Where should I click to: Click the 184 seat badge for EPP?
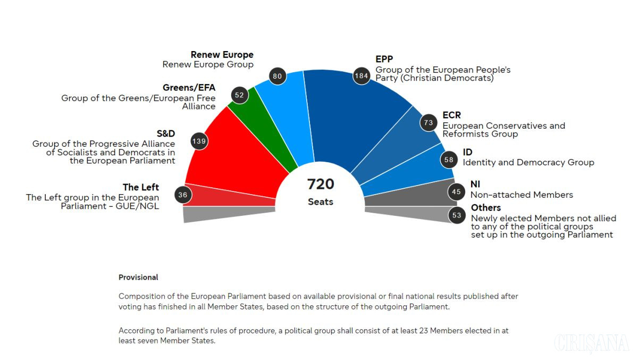(362, 76)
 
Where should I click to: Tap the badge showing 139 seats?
(199, 141)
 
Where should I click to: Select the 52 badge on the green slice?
(240, 95)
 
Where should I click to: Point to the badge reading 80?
(278, 76)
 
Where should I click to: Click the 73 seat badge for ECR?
(429, 123)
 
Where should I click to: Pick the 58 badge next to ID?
(449, 160)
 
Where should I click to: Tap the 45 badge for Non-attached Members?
(456, 191)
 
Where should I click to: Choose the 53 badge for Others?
(457, 215)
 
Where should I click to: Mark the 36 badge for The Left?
(183, 195)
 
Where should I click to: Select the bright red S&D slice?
(237, 154)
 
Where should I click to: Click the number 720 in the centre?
(321, 184)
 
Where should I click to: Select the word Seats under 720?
(321, 202)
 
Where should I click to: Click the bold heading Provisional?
(138, 278)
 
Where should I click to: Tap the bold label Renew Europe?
(222, 54)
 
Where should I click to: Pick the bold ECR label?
(451, 115)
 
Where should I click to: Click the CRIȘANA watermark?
(591, 344)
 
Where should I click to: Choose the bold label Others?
(485, 207)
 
